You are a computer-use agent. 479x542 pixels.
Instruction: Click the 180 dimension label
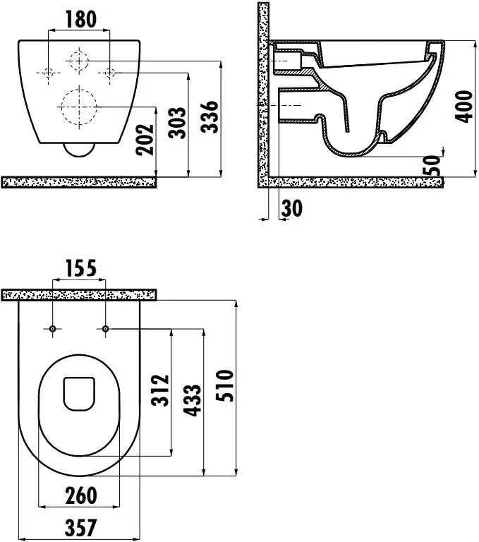pos(81,19)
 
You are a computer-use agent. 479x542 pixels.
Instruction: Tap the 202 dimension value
pos(145,140)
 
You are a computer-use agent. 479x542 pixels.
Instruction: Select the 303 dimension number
pos(177,123)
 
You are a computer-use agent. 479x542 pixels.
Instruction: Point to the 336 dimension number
pos(210,117)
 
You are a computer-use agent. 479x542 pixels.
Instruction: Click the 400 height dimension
pos(463,107)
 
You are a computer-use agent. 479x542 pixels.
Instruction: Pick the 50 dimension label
pos(432,166)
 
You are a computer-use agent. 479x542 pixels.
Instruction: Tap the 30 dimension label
pos(292,208)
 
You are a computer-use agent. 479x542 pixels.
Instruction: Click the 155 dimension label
pos(81,268)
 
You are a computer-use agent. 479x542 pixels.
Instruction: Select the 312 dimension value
pos(160,390)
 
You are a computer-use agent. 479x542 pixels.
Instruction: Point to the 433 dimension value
pos(192,400)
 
